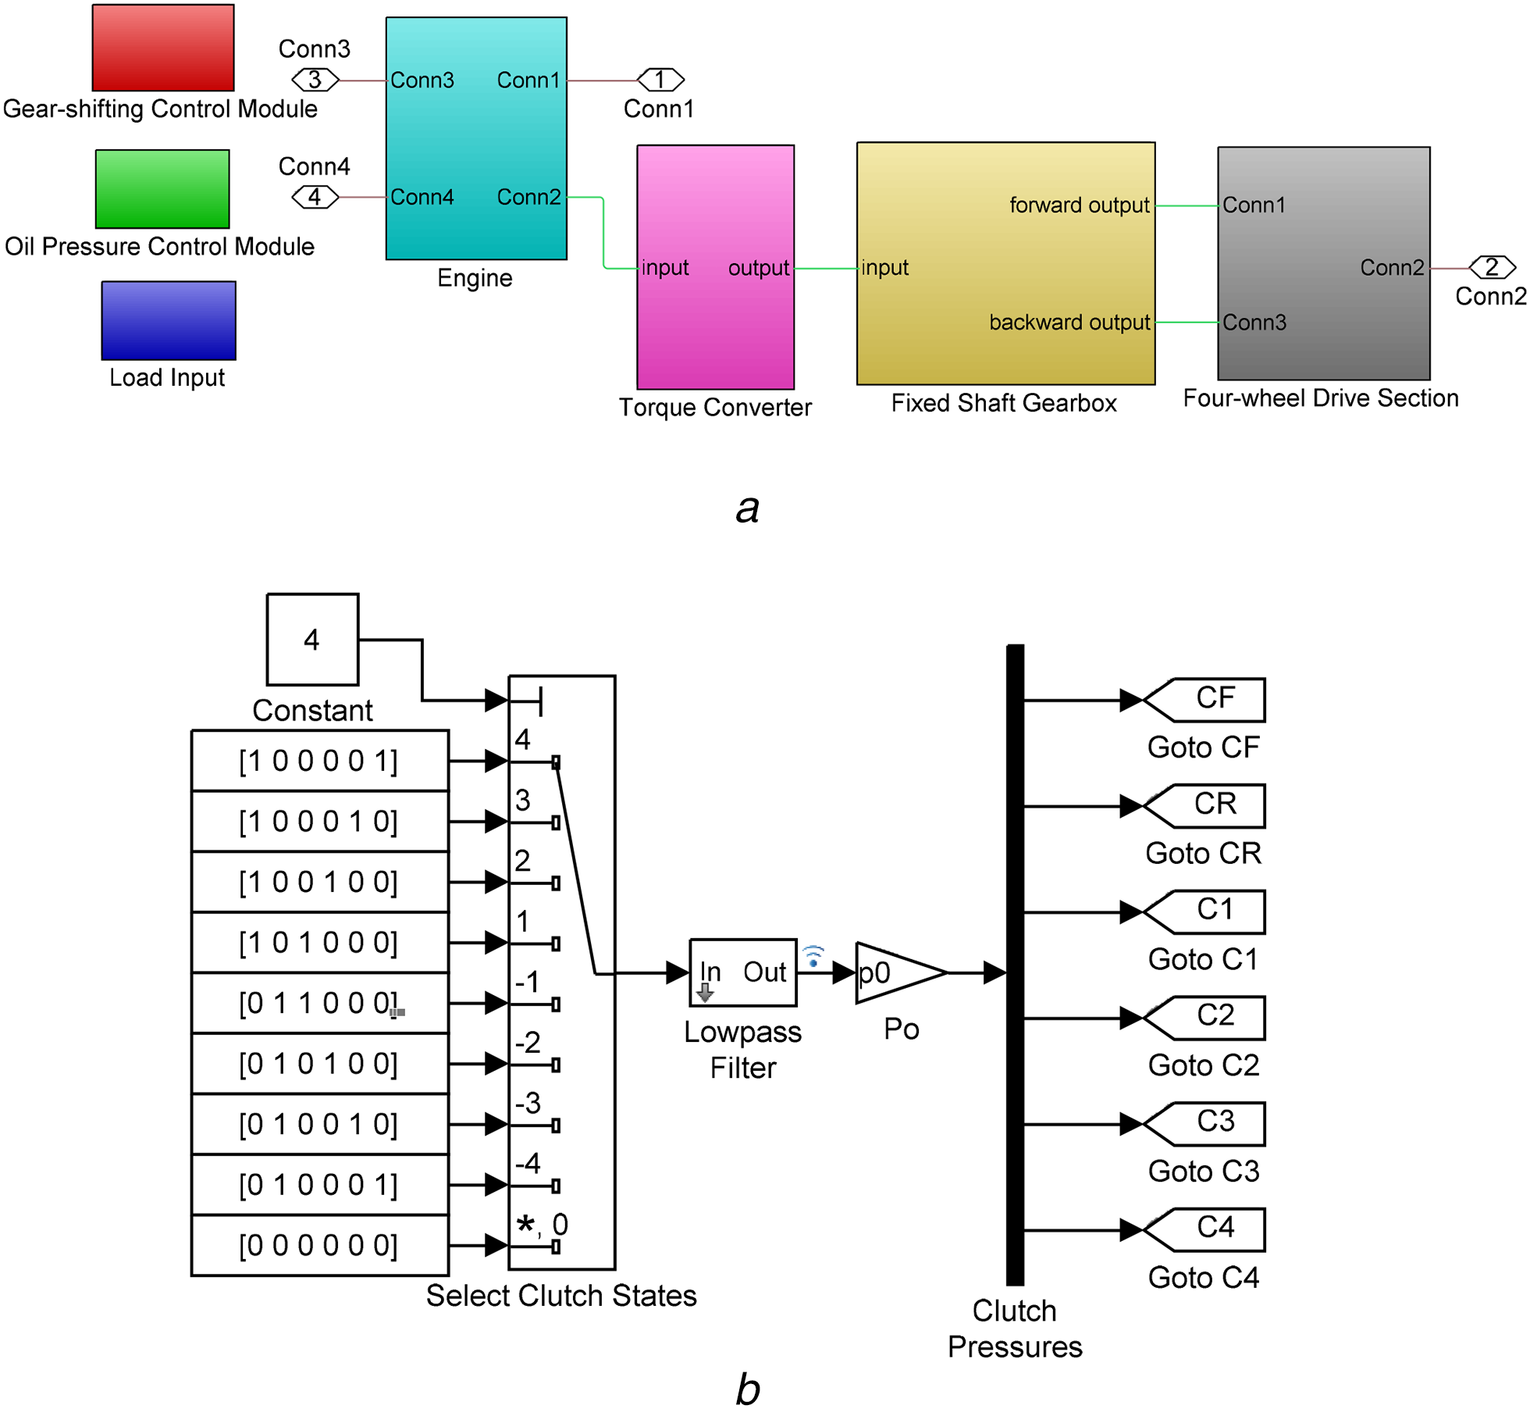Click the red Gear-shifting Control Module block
163,48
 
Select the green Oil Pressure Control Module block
162,189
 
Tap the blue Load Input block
169,320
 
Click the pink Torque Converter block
716,267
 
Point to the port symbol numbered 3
315,80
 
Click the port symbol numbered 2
1493,268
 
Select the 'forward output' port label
1079,205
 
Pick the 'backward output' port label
1069,323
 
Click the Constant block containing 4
313,640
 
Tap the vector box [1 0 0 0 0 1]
320,761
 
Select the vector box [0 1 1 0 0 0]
320,1003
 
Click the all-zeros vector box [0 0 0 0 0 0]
320,1245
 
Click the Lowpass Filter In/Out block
743,972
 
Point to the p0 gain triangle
901,972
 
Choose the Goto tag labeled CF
1204,700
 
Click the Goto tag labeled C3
1204,1124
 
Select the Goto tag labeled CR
1204,806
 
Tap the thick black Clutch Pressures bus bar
1015,965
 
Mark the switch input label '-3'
528,1103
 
